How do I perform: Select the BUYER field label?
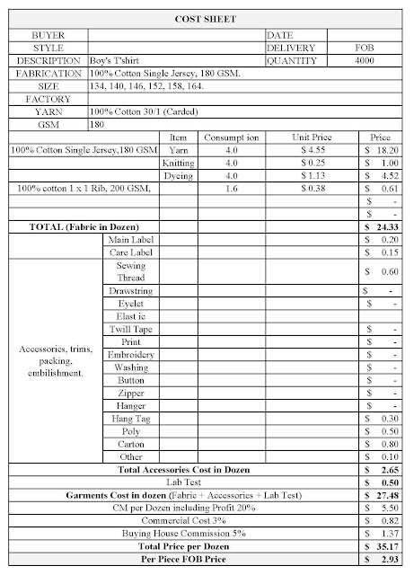click(47, 34)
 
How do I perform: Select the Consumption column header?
click(231, 137)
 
